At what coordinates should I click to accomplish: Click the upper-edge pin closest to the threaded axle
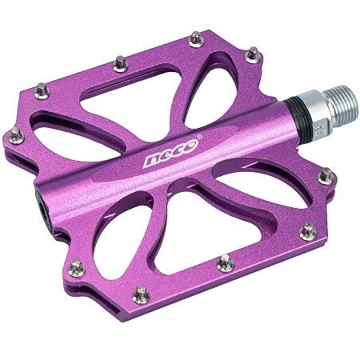click(253, 54)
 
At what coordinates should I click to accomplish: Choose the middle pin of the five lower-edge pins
click(226, 258)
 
